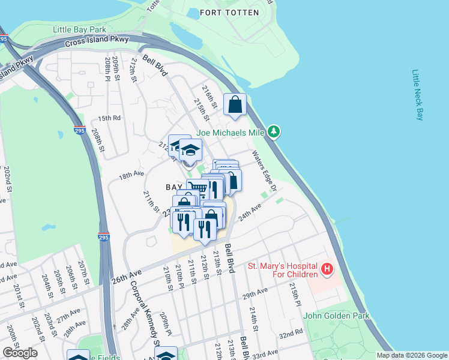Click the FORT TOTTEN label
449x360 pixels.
tap(229, 13)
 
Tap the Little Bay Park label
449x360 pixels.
tap(79, 29)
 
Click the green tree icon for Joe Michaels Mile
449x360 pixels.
tap(274, 131)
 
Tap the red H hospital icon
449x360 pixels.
tap(327, 269)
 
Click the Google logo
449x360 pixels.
tap(20, 353)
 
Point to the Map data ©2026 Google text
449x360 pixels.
tap(411, 355)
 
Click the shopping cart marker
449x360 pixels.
tap(197, 189)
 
